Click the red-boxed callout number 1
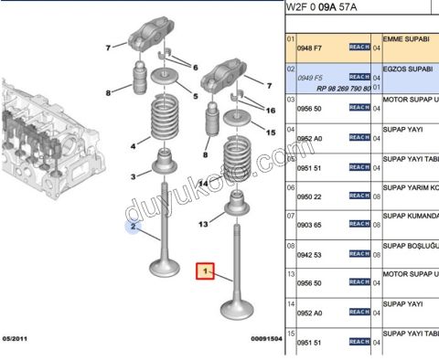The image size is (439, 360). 207,271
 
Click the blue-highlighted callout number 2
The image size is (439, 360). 133,226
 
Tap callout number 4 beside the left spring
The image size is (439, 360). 134,145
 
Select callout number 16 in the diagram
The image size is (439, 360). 270,110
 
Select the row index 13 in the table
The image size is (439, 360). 292,274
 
